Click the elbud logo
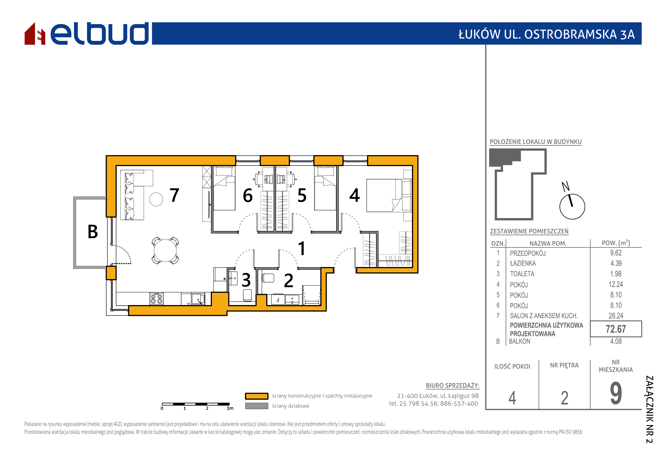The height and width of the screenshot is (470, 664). point(87,34)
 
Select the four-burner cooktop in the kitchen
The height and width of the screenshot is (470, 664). point(156,299)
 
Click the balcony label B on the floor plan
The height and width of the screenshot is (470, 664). point(93,232)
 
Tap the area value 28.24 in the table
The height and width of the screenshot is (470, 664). point(616,316)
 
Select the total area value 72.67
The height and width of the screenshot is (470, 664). point(616,329)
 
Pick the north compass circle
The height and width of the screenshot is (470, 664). point(572,207)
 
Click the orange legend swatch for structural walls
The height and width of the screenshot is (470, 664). point(257,396)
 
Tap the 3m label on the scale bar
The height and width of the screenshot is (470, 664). point(230,408)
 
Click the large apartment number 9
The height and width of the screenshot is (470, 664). point(616,393)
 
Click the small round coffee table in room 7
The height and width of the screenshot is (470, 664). point(156,199)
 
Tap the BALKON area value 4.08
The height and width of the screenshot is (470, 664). point(616,342)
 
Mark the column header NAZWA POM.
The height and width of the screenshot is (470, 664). point(548,243)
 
